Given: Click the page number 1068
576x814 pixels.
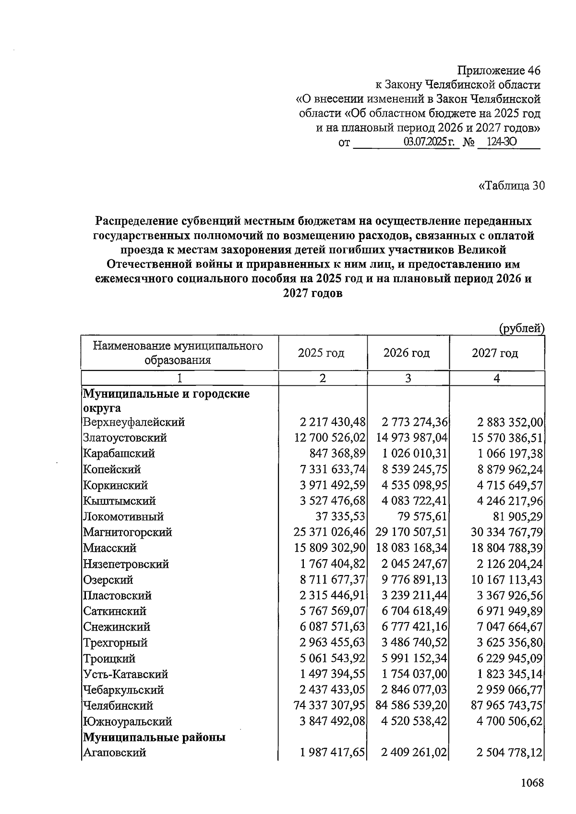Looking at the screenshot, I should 532,783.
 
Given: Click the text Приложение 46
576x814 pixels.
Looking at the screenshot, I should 499,71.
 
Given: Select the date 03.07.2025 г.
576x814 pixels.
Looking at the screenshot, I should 431,143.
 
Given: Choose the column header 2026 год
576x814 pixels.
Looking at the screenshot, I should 407,353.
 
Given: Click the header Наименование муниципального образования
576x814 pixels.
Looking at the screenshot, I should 178,353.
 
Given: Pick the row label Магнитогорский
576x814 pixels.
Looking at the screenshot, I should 127,532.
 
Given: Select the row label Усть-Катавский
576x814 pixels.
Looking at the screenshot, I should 125,674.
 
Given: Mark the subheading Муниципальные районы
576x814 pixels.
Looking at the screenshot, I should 155,737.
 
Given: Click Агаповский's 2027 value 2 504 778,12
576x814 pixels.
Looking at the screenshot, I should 510,753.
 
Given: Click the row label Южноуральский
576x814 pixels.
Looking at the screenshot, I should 127,722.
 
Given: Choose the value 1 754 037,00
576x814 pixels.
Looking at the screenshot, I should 414,674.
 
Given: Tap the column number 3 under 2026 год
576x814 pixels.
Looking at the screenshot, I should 408,378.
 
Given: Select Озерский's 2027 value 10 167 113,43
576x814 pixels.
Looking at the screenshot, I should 507,580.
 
